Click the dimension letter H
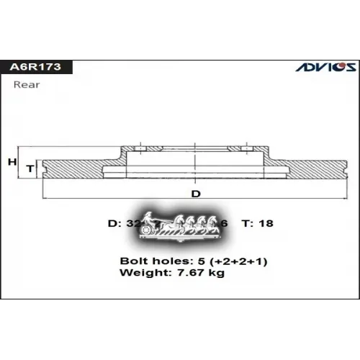tap(12, 162)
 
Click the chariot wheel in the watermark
tap(149, 230)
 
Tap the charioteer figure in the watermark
tap(150, 217)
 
